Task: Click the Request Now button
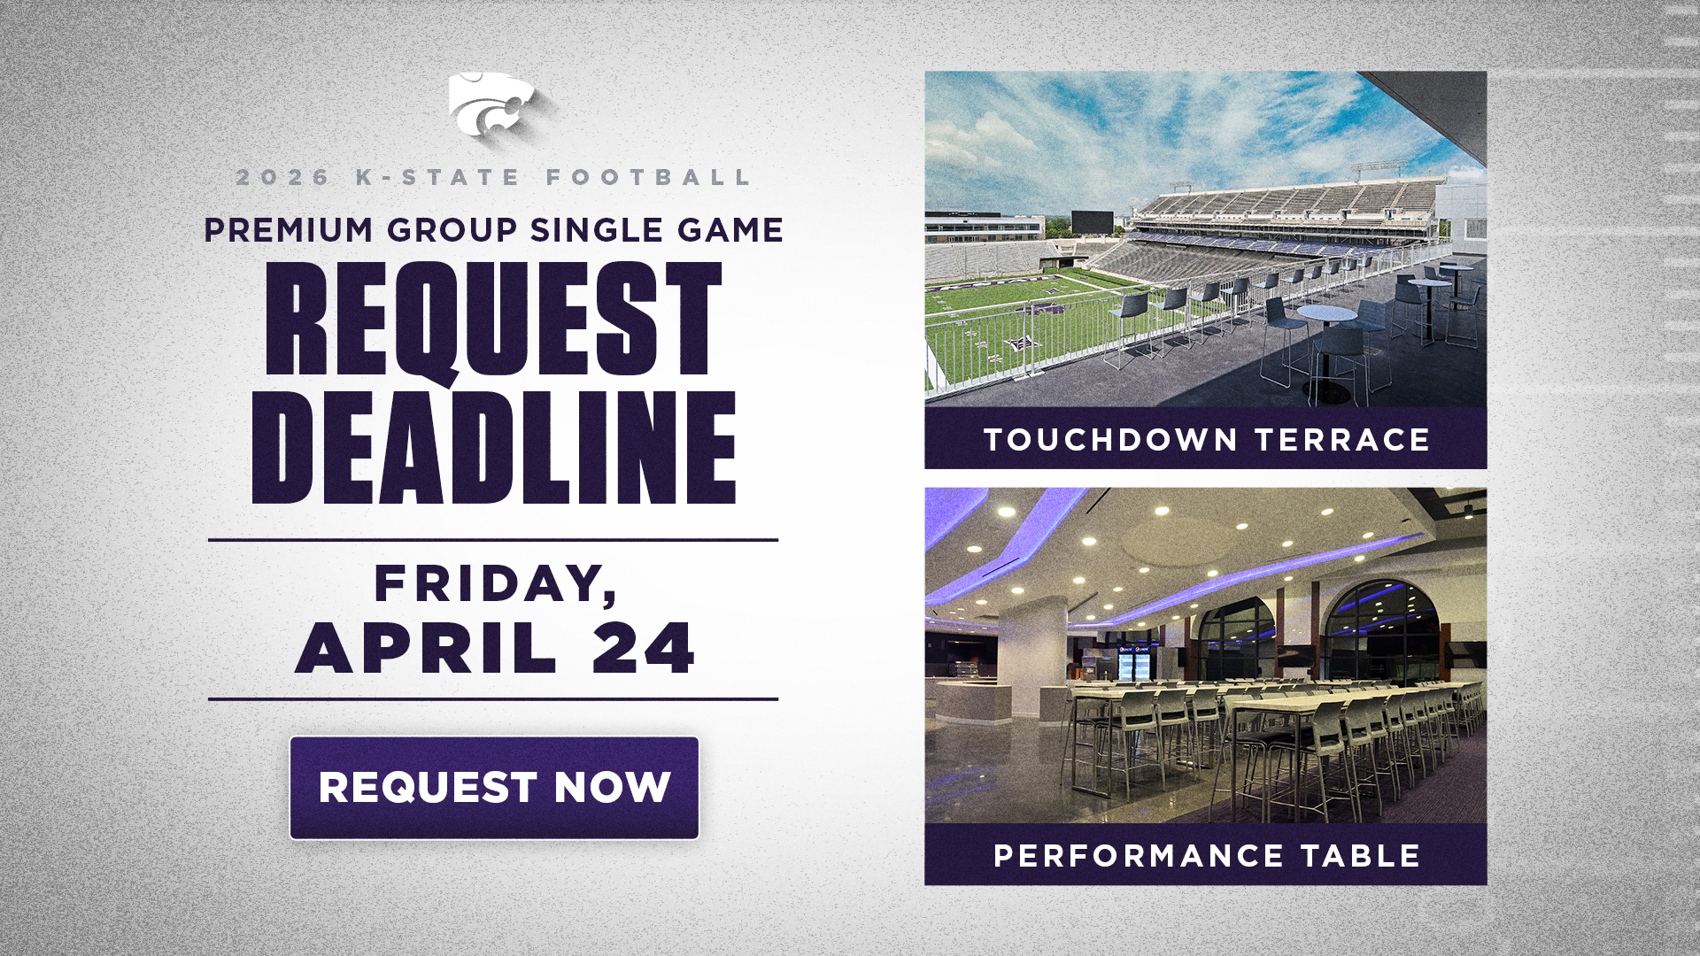point(494,788)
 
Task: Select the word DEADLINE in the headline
point(494,448)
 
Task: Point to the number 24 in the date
point(644,648)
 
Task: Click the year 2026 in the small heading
point(282,177)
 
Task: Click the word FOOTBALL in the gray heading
point(648,177)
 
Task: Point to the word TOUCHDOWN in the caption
point(1111,440)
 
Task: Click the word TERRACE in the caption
point(1342,440)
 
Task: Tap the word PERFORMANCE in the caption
point(1139,856)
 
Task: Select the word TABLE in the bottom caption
point(1360,856)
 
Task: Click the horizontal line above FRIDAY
point(493,539)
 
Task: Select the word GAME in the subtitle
point(730,230)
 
